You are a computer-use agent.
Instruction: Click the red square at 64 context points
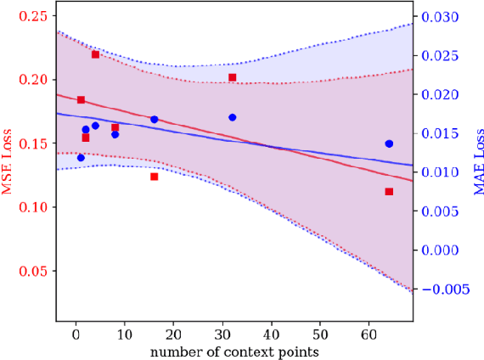pos(389,192)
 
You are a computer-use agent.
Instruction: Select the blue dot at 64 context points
pos(389,143)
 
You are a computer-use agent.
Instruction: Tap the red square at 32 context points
pos(232,77)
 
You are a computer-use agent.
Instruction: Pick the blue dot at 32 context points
pos(232,117)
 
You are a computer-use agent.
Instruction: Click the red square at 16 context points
pos(155,177)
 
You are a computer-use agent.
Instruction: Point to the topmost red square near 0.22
pos(95,54)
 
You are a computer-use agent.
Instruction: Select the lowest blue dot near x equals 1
pos(81,157)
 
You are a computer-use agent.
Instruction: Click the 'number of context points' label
pos(234,350)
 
